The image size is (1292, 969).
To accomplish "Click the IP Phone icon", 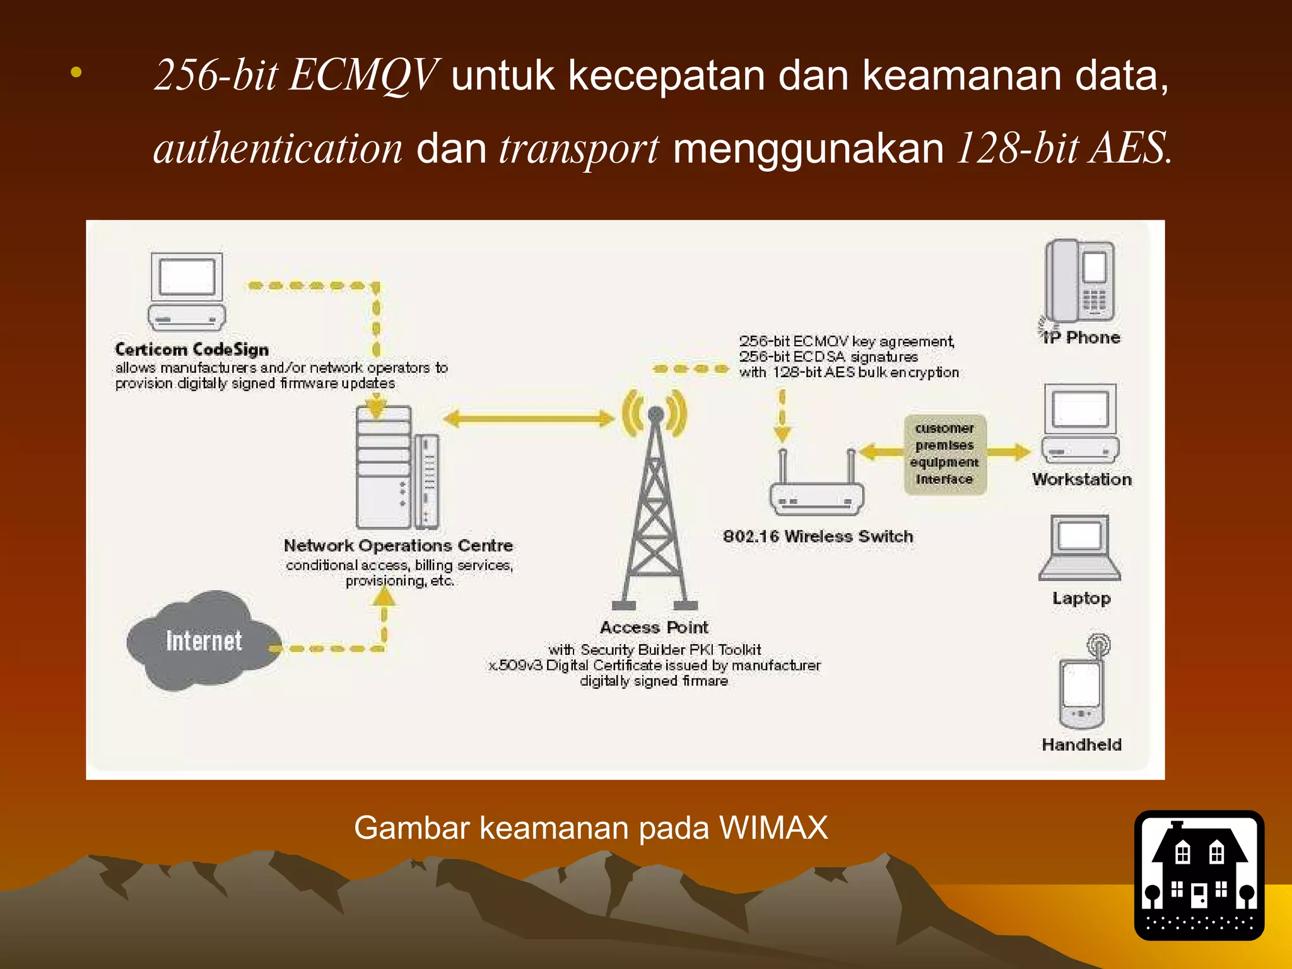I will tap(1079, 282).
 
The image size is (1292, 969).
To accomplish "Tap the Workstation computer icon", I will tap(1080, 423).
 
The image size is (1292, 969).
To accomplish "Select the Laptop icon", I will tap(1079, 548).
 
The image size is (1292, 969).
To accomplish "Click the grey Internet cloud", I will tap(203, 640).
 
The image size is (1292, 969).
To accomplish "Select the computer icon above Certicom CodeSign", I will tap(187, 291).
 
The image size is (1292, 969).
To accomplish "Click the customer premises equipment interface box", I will tap(944, 454).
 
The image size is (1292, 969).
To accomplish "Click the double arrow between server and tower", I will tap(529, 418).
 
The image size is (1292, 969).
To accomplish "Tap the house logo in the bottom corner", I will tap(1199, 875).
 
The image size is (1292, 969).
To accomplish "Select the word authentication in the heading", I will tap(278, 150).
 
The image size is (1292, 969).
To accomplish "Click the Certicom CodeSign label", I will tap(192, 349).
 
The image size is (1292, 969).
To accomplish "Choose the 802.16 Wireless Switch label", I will tap(818, 536).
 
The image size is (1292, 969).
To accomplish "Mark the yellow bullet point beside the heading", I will tap(76, 73).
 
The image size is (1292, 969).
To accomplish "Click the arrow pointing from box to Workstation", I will tap(1008, 452).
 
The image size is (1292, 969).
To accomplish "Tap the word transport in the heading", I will tap(578, 150).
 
